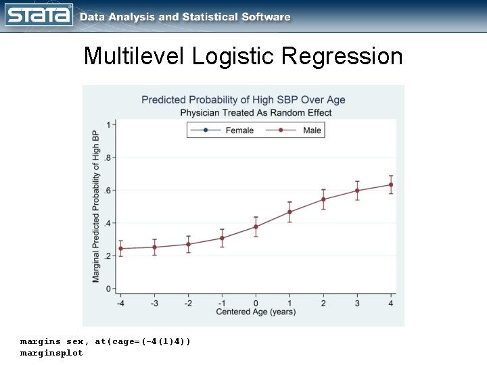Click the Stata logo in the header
pyautogui.click(x=39, y=16)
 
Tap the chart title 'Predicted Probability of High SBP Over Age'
pyautogui.click(x=243, y=100)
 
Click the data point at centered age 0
pyautogui.click(x=256, y=226)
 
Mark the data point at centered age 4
pyautogui.click(x=391, y=185)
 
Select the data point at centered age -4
pyautogui.click(x=120, y=249)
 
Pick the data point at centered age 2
pyautogui.click(x=323, y=199)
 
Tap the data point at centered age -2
pyautogui.click(x=188, y=245)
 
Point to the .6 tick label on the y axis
pyautogui.click(x=108, y=191)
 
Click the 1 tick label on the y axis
pyautogui.click(x=110, y=124)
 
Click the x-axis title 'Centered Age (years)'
pyautogui.click(x=256, y=312)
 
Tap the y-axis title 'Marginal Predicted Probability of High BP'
pyautogui.click(x=96, y=205)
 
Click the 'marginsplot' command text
pyautogui.click(x=51, y=354)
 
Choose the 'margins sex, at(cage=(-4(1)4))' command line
pyautogui.click(x=106, y=342)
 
